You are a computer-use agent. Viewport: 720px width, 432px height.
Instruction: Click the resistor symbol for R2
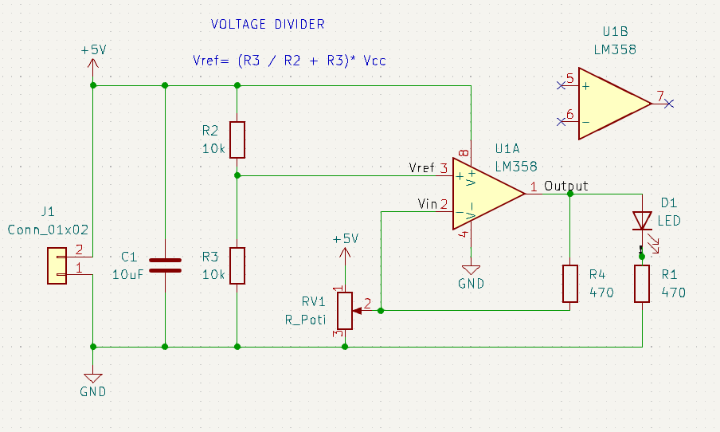pos(237,140)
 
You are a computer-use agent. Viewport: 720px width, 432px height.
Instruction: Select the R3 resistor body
pos(237,265)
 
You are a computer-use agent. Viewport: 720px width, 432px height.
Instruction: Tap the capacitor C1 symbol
pos(165,265)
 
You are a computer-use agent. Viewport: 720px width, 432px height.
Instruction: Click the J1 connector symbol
pos(58,265)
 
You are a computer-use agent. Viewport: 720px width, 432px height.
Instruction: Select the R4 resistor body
pos(570,283)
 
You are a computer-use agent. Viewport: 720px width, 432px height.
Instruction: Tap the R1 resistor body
pos(643,284)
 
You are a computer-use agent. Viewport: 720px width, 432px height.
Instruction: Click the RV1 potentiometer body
pos(345,310)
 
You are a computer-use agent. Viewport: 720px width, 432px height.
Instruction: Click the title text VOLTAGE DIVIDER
pos(268,25)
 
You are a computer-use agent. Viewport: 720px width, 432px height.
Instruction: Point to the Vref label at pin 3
pos(421,168)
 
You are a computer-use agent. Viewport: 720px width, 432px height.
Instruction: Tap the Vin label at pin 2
pos(428,204)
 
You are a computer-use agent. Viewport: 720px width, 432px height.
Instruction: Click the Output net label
pos(566,186)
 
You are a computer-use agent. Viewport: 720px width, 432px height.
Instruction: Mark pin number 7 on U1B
pos(659,96)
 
